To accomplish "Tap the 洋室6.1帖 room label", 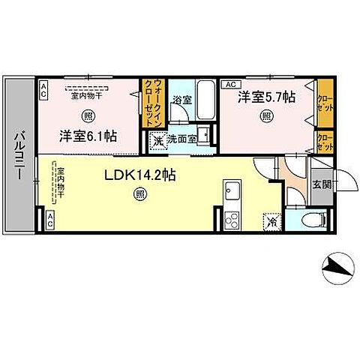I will [x=88, y=136].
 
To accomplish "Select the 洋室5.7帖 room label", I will [x=265, y=97].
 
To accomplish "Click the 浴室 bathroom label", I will [x=182, y=99].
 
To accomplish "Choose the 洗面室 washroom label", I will [x=181, y=139].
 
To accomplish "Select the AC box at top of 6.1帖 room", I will [x=43, y=90].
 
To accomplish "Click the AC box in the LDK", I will [x=49, y=220].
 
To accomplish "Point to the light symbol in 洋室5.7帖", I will [x=265, y=115].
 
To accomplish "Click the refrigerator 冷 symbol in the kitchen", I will [x=269, y=222].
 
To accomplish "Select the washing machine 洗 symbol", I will [x=158, y=139].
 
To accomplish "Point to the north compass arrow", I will [x=334, y=268].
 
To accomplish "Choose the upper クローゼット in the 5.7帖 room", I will [x=324, y=102].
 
